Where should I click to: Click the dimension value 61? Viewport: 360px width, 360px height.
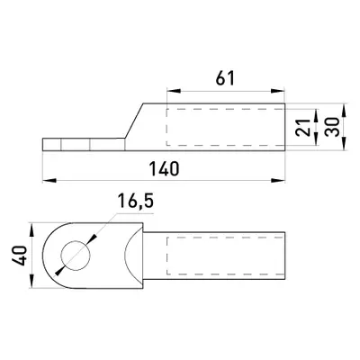(x=225, y=78)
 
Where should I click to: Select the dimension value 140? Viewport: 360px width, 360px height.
(x=165, y=168)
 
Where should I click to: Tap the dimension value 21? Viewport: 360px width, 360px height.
(x=303, y=128)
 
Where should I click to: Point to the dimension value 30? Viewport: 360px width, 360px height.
(x=332, y=127)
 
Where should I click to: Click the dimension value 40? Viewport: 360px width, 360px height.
(x=19, y=256)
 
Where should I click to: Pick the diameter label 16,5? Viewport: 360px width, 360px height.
(x=135, y=201)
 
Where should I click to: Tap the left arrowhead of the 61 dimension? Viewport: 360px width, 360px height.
(x=174, y=91)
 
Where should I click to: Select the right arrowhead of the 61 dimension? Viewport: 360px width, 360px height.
(x=278, y=91)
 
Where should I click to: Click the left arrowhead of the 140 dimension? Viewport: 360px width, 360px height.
(x=49, y=180)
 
